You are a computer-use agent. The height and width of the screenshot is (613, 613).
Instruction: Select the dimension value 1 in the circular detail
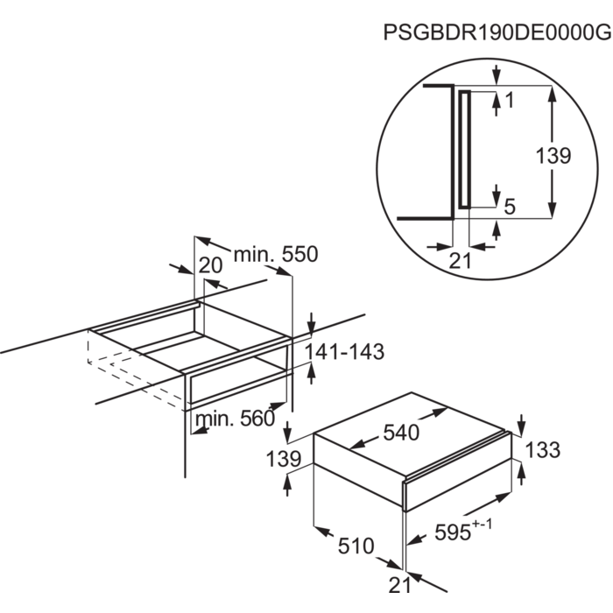coord(510,101)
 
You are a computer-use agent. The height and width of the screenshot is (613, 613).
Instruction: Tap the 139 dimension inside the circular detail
coord(553,156)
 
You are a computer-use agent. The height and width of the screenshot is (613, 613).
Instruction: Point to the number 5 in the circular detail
coord(511,206)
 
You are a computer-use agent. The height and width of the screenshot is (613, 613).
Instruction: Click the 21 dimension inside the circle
coord(460,261)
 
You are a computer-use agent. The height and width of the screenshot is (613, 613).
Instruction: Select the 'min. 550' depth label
coord(276,255)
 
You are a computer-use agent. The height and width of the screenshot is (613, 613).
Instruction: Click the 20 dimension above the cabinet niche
coord(210,265)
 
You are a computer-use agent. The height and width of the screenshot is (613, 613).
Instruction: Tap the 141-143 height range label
coord(344,351)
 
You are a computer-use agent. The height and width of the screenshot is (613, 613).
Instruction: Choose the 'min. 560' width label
coord(235,419)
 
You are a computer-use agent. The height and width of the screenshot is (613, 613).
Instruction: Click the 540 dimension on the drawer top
coord(401,433)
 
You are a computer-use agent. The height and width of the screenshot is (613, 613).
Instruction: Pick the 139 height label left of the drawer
coord(284,459)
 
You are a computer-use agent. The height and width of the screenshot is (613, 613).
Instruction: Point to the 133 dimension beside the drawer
coord(543,449)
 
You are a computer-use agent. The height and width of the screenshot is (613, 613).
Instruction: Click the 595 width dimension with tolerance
coord(463,530)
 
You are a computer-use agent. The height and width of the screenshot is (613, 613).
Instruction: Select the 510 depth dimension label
coord(356,546)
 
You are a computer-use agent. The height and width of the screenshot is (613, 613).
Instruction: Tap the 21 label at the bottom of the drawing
coord(400,585)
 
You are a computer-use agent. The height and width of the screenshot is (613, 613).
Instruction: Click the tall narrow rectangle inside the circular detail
coord(464,150)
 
